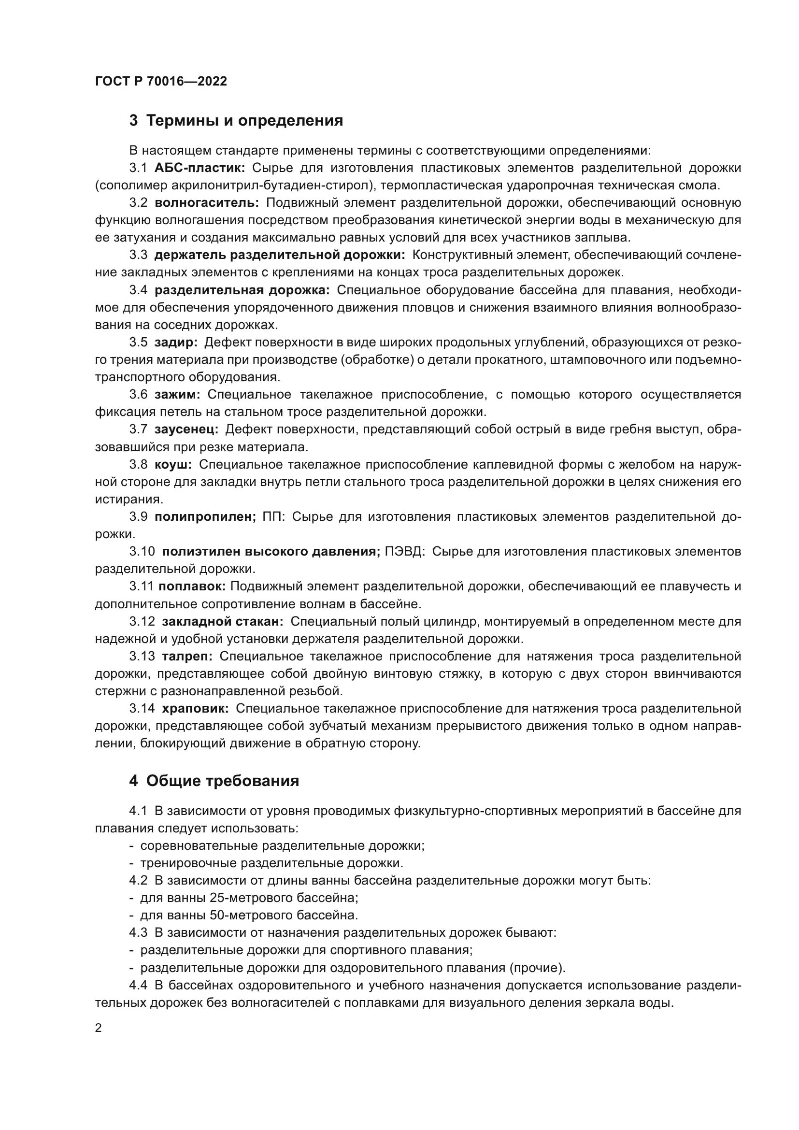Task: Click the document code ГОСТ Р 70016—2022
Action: tap(161, 81)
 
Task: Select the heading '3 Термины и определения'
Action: tap(236, 121)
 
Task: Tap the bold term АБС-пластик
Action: tap(199, 168)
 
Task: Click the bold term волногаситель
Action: tap(207, 203)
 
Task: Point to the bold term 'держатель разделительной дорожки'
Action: tap(279, 255)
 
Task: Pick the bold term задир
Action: tap(176, 342)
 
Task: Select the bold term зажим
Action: tap(177, 394)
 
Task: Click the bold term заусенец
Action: tap(186, 429)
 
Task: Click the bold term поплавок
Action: tap(192, 586)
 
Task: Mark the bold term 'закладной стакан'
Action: tap(222, 621)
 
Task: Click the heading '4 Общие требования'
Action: tap(214, 781)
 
